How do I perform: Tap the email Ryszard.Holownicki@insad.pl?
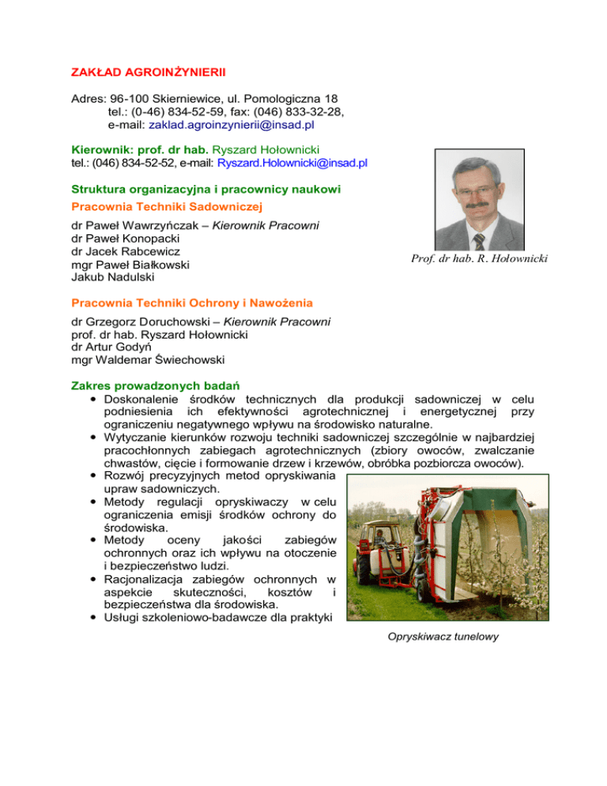(292, 164)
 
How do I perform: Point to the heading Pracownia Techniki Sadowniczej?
(167, 206)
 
